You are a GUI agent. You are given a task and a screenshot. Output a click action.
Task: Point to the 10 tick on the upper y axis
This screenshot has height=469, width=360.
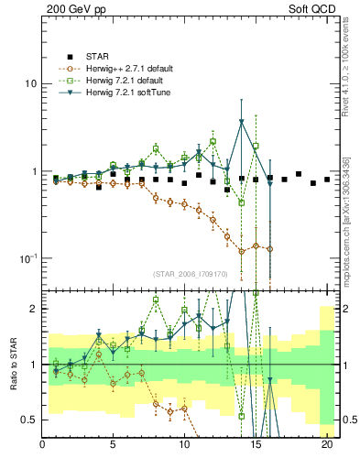(29, 83)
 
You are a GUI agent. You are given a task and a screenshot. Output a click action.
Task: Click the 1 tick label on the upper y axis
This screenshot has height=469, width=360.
(33, 171)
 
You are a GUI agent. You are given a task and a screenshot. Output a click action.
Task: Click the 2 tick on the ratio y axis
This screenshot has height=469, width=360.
(33, 310)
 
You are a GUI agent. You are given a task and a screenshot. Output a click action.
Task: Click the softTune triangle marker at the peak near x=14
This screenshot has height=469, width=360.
(242, 122)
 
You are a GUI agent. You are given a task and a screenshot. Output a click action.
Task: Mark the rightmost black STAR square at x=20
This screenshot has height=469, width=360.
(327, 180)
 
